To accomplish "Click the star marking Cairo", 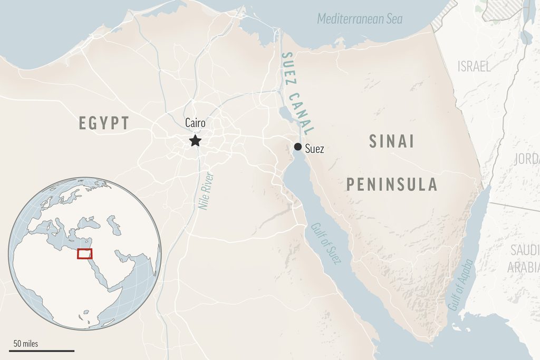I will (195, 140).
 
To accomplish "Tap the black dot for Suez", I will (298, 147).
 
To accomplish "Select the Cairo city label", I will (195, 123).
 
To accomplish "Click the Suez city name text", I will (315, 149).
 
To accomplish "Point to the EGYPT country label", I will (104, 123).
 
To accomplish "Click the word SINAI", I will (391, 141).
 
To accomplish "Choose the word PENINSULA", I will (392, 184).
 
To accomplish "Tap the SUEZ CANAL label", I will (297, 93).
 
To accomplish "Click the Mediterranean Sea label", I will (360, 19).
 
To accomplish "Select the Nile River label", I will (206, 191).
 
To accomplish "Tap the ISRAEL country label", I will (474, 66).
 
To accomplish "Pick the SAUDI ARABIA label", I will (524, 258).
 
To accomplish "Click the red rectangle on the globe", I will (84, 254).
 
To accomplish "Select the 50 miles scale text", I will (26, 344).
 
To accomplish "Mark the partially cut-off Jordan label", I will (529, 159).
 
